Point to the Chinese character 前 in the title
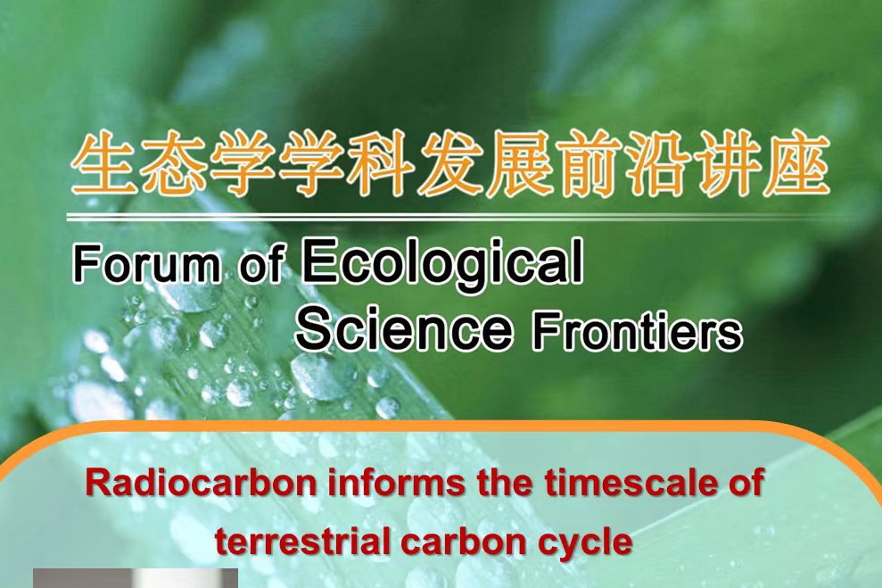[x=589, y=162]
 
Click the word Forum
[x=145, y=264]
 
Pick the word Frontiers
[x=637, y=332]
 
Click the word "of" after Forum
[x=262, y=263]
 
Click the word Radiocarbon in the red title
[x=202, y=483]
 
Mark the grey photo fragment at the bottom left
[x=135, y=578]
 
